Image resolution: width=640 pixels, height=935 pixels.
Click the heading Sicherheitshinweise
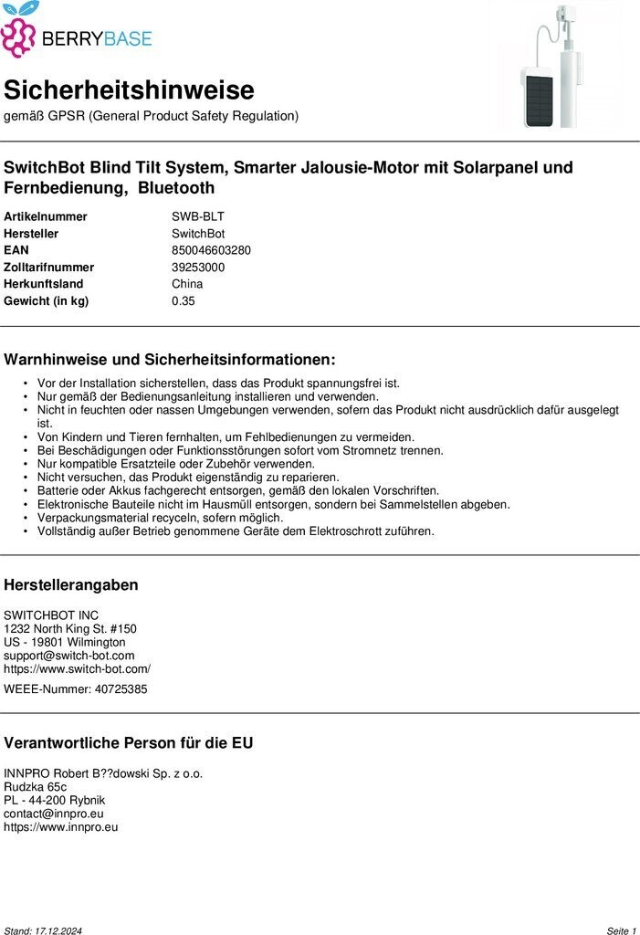pyautogui.click(x=129, y=90)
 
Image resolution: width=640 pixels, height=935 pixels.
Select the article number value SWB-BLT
pyautogui.click(x=197, y=216)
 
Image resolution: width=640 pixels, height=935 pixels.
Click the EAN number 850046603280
pyautogui.click(x=211, y=250)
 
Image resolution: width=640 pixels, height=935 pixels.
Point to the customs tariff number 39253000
pyautogui.click(x=198, y=268)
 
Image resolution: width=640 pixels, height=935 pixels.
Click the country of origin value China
pyautogui.click(x=187, y=284)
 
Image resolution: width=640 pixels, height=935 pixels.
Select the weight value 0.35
pyautogui.click(x=183, y=301)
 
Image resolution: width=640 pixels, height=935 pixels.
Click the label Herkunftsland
pyautogui.click(x=44, y=284)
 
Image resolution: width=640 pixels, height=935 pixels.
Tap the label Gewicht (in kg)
pyautogui.click(x=47, y=301)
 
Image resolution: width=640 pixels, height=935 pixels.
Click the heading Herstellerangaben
pyautogui.click(x=71, y=585)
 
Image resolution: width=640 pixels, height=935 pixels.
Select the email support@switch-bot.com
pyautogui.click(x=69, y=656)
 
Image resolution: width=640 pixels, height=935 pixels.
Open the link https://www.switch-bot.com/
pyautogui.click(x=78, y=668)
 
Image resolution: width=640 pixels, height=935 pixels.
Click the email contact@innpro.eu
pyautogui.click(x=54, y=814)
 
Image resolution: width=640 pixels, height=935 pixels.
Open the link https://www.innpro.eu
pyautogui.click(x=61, y=827)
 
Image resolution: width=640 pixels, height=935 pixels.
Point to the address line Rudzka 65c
pyautogui.click(x=36, y=787)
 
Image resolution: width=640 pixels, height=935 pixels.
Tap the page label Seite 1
pyautogui.click(x=621, y=930)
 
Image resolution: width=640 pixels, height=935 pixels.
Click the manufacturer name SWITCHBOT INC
pyautogui.click(x=51, y=615)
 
